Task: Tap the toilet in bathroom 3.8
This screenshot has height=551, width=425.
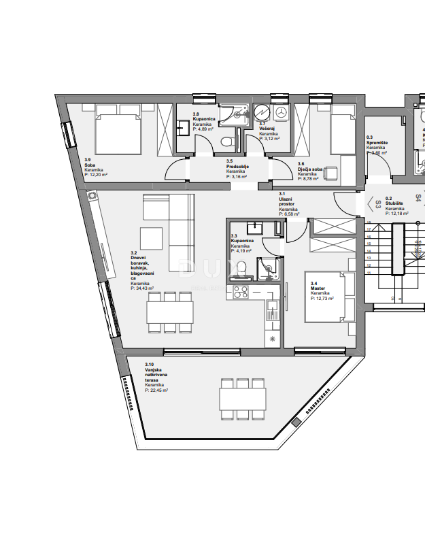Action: pyautogui.click(x=230, y=142)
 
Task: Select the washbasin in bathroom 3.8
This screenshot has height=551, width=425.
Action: pyautogui.click(x=183, y=127)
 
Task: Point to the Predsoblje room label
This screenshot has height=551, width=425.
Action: pyautogui.click(x=237, y=166)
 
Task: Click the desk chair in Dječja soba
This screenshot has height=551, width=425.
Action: pyautogui.click(x=332, y=173)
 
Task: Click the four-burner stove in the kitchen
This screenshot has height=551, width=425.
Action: pyautogui.click(x=241, y=293)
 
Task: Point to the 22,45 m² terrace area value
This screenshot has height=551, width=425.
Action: pyautogui.click(x=157, y=390)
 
